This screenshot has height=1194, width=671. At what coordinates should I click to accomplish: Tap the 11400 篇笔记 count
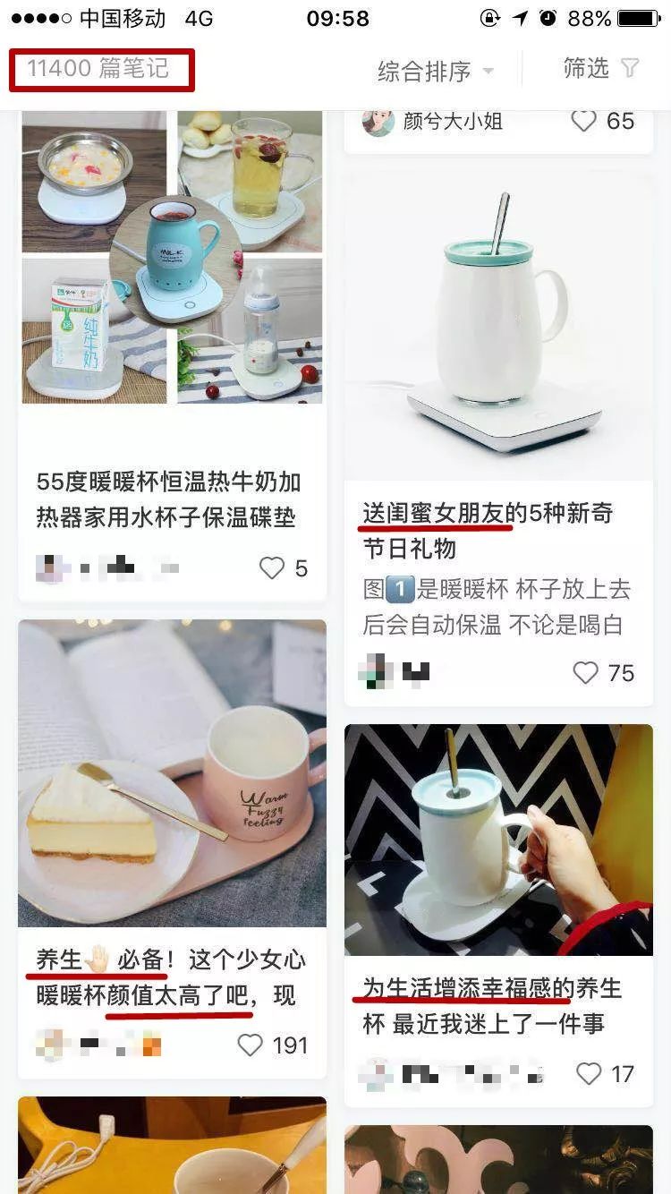point(98,69)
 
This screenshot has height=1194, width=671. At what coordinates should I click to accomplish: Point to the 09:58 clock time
point(337,18)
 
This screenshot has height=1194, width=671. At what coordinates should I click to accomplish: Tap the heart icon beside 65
point(583,121)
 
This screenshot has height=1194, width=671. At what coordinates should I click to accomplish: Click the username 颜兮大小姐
point(453,121)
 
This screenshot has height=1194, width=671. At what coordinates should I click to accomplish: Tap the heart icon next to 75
point(585,673)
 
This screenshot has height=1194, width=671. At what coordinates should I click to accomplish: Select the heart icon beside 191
point(250,1045)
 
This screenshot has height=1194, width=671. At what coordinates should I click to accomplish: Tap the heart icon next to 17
point(589,1074)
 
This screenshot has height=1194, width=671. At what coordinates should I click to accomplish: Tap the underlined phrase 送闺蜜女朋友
point(437,514)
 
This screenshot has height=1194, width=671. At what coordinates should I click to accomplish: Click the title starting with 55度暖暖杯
point(168,499)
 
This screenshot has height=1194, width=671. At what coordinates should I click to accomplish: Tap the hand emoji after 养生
point(98,960)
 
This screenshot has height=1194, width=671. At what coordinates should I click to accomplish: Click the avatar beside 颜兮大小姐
point(378,121)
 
